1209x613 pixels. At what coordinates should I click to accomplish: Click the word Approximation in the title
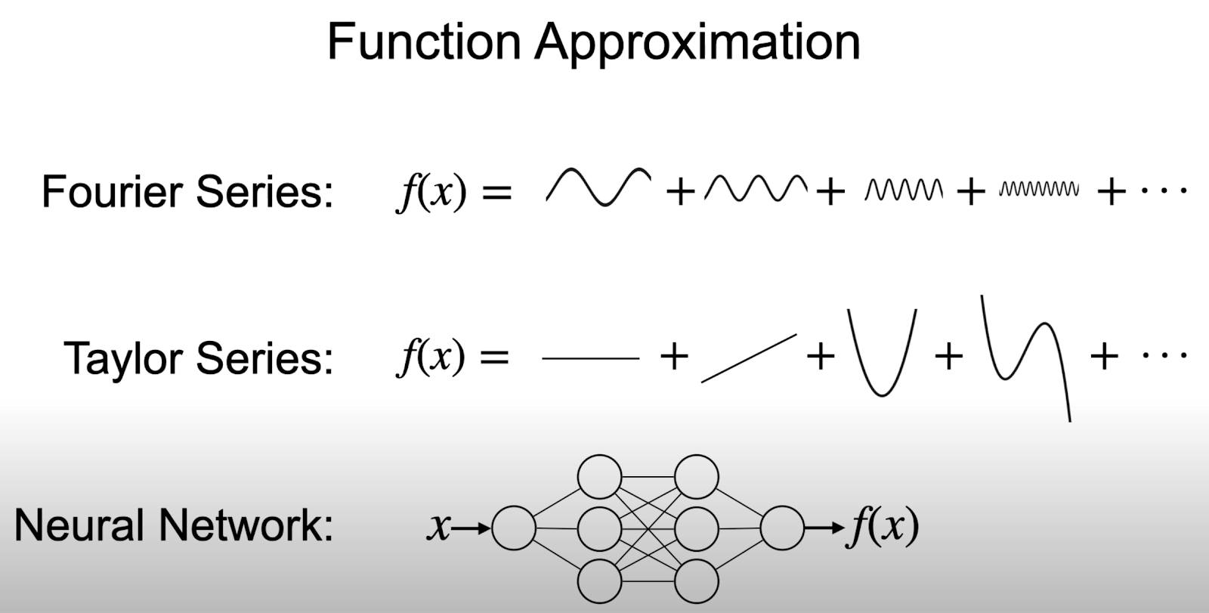697,42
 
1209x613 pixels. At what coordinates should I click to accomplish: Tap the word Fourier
113,191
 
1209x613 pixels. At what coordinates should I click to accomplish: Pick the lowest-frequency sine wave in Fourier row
598,187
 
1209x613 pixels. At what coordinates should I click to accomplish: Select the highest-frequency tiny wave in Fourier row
1039,189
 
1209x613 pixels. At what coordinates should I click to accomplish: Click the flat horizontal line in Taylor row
590,358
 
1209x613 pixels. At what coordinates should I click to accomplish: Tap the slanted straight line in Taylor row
749,358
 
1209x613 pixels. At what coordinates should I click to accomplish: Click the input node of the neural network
513,528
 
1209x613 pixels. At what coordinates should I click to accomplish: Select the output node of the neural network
782,528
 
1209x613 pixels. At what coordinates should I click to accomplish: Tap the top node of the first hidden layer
599,477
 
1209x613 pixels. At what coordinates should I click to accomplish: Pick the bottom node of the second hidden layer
696,582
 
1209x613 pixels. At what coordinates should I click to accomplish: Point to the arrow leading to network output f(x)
824,528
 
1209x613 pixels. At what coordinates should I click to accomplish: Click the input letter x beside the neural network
438,527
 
